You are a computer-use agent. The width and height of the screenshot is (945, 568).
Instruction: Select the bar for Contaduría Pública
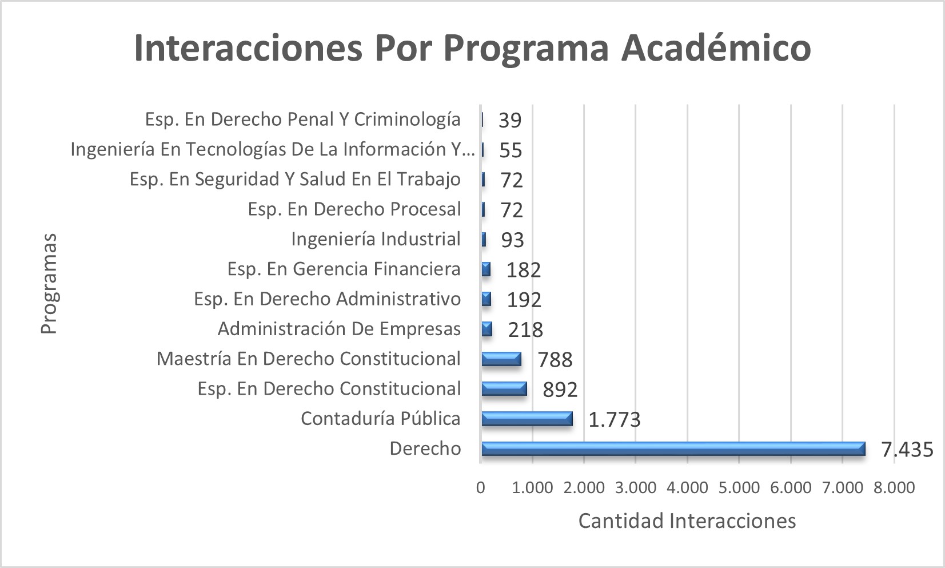point(527,419)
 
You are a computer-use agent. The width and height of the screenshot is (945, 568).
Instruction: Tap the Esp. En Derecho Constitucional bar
point(504,389)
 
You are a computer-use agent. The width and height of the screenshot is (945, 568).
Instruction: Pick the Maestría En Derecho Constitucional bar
point(501,359)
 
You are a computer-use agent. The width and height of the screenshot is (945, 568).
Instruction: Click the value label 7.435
point(907,450)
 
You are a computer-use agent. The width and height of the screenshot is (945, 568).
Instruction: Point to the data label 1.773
point(614,420)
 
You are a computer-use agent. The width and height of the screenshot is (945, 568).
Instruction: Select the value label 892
point(560,390)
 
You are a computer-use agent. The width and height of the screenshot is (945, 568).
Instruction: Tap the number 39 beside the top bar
point(510,121)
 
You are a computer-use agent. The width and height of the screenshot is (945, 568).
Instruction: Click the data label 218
point(525,330)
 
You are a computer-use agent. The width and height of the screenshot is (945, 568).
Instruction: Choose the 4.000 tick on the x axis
point(687,488)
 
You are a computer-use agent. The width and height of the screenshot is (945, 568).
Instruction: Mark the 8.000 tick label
point(894,488)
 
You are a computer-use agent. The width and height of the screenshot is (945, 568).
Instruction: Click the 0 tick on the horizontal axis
point(481,488)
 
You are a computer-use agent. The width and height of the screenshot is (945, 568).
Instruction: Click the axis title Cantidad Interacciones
point(687,521)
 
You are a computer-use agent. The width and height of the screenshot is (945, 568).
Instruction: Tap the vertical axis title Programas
point(49,284)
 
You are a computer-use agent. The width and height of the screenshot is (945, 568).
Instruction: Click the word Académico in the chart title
point(716,47)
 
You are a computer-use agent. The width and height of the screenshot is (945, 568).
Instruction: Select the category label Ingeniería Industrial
point(376,239)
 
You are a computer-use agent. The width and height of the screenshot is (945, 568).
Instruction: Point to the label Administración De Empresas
point(339,329)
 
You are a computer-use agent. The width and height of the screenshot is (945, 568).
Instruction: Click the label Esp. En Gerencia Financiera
point(344,269)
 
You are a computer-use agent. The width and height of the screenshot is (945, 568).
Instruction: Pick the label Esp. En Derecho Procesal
point(354,209)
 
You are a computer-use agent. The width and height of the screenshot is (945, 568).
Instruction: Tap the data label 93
point(512,240)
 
